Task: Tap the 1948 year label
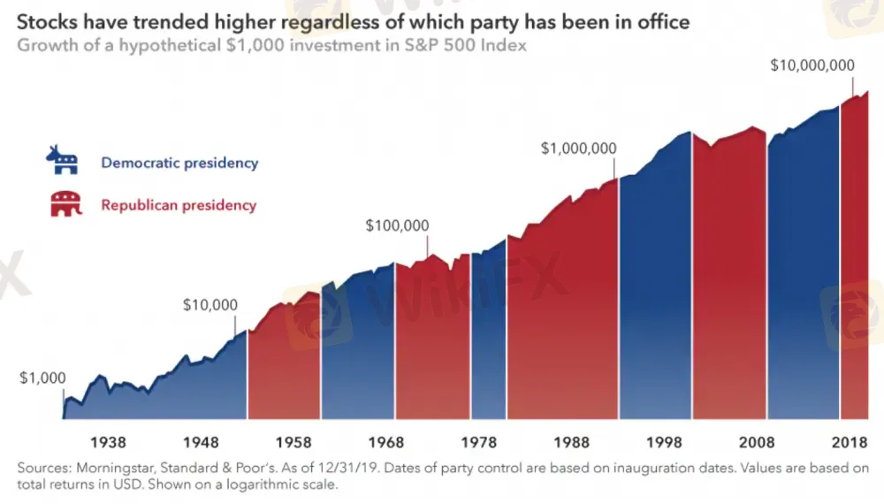point(202,442)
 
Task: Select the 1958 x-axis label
point(293,442)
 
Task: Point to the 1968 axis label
point(387,442)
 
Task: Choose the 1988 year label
point(574,442)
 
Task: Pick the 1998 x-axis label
point(665,442)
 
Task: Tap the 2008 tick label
point(758,442)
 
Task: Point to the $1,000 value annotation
point(42,378)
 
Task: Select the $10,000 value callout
point(210,305)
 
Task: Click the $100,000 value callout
point(397,226)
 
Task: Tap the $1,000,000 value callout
point(579,149)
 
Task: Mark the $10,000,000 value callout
point(812,65)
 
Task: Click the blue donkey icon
point(63,160)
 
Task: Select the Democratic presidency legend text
point(179,163)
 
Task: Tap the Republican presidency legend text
point(179,205)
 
